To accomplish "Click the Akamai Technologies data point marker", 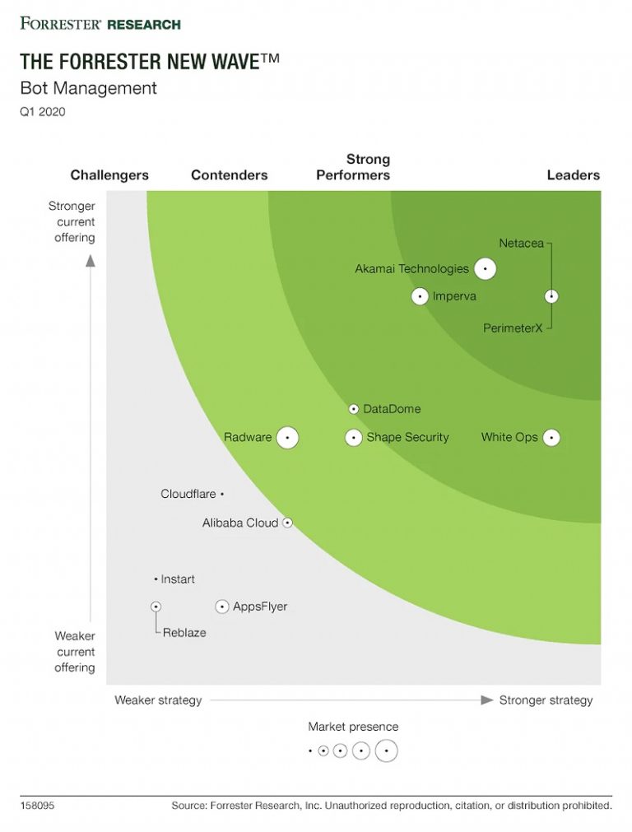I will click(x=485, y=268).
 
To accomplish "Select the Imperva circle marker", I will click(x=420, y=296).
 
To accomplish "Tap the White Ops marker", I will click(x=551, y=438).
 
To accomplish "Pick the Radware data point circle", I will click(x=287, y=438).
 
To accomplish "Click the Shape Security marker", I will click(x=353, y=438).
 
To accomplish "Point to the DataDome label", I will click(x=392, y=409).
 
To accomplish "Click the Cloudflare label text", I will click(x=188, y=494).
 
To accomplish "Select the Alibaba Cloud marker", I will click(x=287, y=523).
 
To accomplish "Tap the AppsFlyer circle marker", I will click(x=221, y=607).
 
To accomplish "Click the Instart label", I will click(x=178, y=579).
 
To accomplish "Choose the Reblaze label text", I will click(x=184, y=633).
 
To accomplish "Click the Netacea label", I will click(x=520, y=243).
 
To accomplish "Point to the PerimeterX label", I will click(x=513, y=328).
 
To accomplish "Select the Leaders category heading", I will click(x=573, y=175).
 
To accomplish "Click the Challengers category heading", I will click(x=109, y=175).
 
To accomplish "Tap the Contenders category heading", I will click(x=229, y=175).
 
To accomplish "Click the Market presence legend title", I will click(x=353, y=727).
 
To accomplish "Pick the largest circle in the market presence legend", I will click(x=386, y=751).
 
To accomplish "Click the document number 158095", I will click(x=37, y=806).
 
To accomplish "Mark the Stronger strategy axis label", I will click(x=546, y=700).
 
